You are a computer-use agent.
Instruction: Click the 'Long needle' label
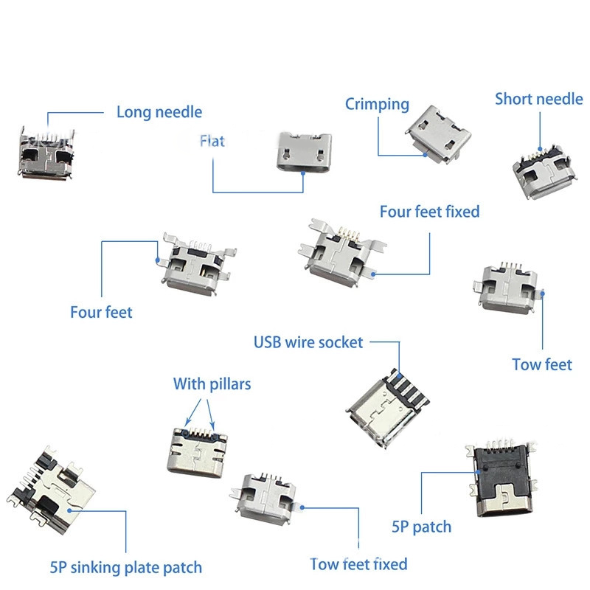[x=159, y=112]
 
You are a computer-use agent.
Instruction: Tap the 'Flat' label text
[x=212, y=140]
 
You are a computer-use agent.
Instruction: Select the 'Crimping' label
[x=377, y=104]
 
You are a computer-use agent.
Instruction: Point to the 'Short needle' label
[x=538, y=99]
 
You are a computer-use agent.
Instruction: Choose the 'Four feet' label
[x=101, y=312]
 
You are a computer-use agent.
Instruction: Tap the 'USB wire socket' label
[x=308, y=341]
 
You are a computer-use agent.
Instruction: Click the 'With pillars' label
[x=212, y=383]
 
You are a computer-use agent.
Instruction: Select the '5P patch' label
[x=421, y=527]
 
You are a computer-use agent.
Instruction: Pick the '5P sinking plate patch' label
[x=125, y=567]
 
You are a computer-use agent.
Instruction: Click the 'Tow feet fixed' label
[x=358, y=564]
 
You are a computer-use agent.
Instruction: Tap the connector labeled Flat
[x=302, y=152]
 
